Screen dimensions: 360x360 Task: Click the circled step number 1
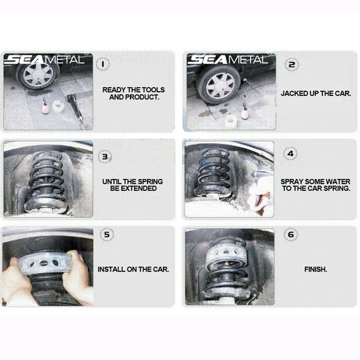tap(103, 64)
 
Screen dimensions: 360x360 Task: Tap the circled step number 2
tap(292, 64)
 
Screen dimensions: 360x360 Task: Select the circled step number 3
tap(105, 157)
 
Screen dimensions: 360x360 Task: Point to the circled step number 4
tap(290, 153)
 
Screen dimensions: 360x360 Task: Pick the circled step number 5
tap(107, 234)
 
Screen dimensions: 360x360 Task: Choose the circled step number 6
tap(291, 234)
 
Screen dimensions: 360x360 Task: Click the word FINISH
tap(316, 269)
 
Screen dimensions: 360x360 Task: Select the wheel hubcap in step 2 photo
tap(220, 86)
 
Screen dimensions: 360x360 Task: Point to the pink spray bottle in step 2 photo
tap(245, 112)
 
